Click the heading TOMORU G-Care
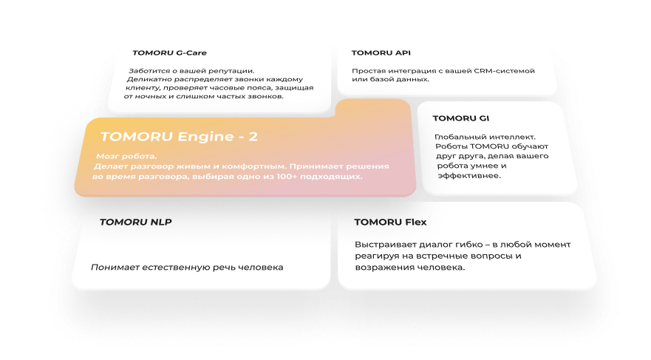click(x=169, y=53)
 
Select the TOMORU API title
click(x=381, y=53)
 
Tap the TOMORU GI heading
click(x=460, y=118)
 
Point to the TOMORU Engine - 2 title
click(x=179, y=137)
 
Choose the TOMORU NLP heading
click(x=135, y=222)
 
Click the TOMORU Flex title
click(x=390, y=222)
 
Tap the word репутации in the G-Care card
click(x=228, y=71)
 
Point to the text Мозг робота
click(x=126, y=157)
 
